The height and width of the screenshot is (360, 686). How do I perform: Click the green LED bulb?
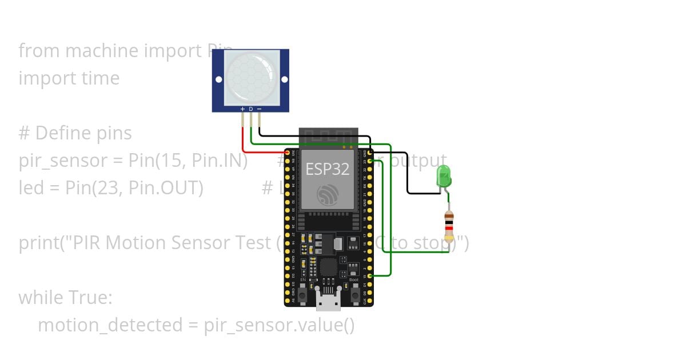click(x=444, y=175)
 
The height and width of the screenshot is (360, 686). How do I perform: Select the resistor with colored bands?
click(x=449, y=225)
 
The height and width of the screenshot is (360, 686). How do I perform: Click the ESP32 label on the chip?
click(x=327, y=169)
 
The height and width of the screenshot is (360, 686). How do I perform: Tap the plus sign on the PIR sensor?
click(x=242, y=109)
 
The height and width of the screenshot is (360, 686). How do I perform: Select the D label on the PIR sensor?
click(x=250, y=109)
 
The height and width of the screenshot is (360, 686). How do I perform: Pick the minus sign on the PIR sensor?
click(x=259, y=109)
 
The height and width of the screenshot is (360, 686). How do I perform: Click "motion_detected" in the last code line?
click(x=109, y=325)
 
